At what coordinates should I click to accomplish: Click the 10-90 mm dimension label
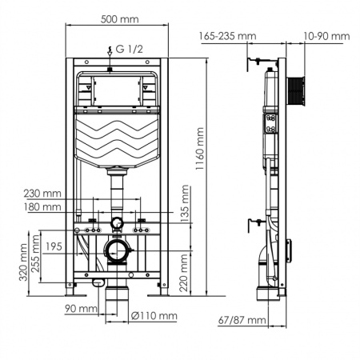[326, 36]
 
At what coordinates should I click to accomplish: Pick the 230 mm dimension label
[43, 193]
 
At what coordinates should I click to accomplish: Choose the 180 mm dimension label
[43, 207]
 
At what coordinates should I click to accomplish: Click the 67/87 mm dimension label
[243, 320]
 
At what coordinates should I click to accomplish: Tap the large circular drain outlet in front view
[118, 254]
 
